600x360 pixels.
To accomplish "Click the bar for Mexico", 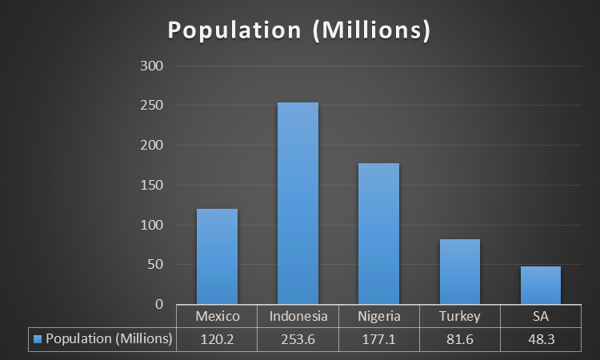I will (217, 256).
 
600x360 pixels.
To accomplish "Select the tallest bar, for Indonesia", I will (298, 203).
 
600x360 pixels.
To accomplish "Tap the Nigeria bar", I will (378, 234).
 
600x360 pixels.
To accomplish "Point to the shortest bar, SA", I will (540, 286).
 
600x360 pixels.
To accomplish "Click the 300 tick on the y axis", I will (152, 66).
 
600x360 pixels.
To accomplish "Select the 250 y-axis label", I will (152, 106).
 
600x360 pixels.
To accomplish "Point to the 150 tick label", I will (152, 186).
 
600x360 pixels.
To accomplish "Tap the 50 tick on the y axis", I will (155, 265).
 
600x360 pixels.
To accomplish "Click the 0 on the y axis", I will (159, 305).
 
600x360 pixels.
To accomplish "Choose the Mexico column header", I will (218, 317).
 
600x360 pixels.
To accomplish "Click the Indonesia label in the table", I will (298, 317).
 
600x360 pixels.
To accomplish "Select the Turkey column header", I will (459, 317).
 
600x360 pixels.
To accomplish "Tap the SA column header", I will (540, 317).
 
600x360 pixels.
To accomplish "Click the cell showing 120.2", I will (218, 339).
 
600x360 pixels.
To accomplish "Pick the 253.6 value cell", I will (298, 339).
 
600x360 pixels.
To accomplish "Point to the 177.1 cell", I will (378, 339).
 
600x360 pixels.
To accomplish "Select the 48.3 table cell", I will (540, 339).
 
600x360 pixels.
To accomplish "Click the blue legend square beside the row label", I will (38, 339).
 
